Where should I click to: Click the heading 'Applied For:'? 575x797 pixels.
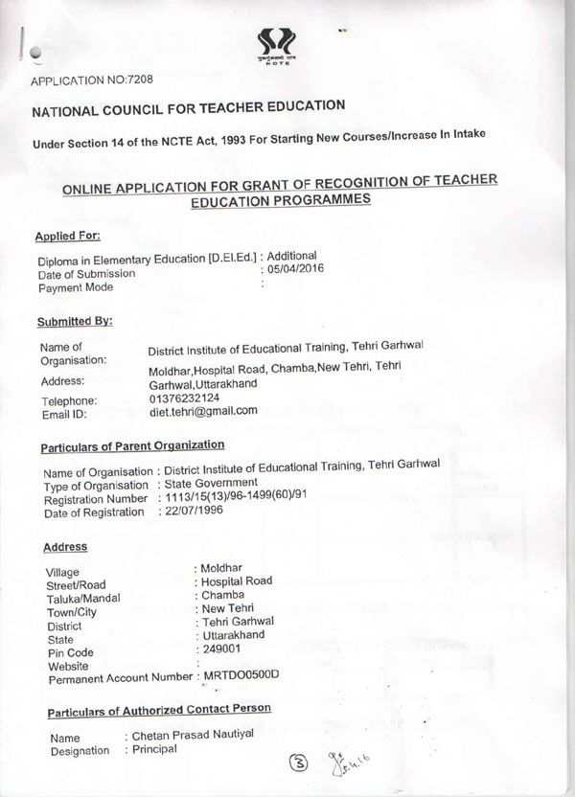pyautogui.click(x=68, y=236)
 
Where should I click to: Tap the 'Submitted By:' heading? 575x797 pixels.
pyautogui.click(x=76, y=321)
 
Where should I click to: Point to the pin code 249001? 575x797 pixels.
pyautogui.click(x=221, y=649)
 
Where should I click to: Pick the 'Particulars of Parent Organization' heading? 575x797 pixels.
pyautogui.click(x=132, y=445)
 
